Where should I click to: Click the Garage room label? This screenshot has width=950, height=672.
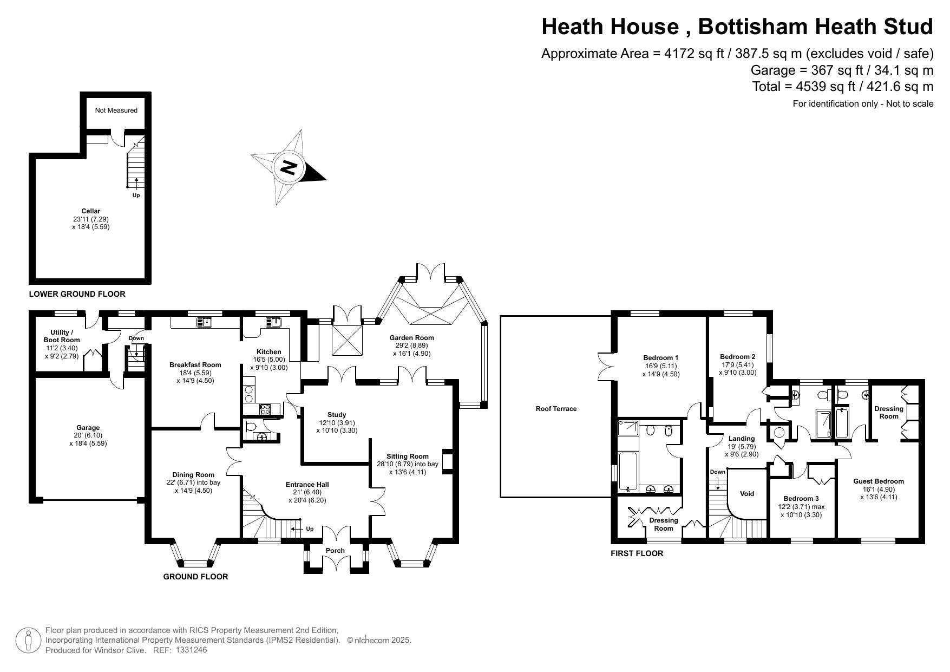(88, 428)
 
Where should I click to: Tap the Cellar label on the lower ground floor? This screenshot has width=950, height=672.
(91, 211)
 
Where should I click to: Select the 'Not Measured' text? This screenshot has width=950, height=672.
(116, 110)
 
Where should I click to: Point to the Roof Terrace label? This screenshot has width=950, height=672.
(556, 409)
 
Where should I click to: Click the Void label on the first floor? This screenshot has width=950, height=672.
(747, 494)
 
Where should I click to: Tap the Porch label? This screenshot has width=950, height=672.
(336, 551)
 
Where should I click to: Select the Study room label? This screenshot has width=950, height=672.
(337, 415)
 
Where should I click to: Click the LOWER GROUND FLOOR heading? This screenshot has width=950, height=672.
(77, 294)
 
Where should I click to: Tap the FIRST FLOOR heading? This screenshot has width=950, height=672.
(637, 553)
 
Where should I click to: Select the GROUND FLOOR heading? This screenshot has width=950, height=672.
(195, 577)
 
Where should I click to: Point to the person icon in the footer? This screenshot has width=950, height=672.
(29, 640)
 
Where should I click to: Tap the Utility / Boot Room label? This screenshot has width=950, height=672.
(62, 336)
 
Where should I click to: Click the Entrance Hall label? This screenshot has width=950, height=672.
(307, 485)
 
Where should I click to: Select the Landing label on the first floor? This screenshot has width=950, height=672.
(742, 439)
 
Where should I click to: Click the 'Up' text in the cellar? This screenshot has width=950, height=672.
(136, 195)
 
